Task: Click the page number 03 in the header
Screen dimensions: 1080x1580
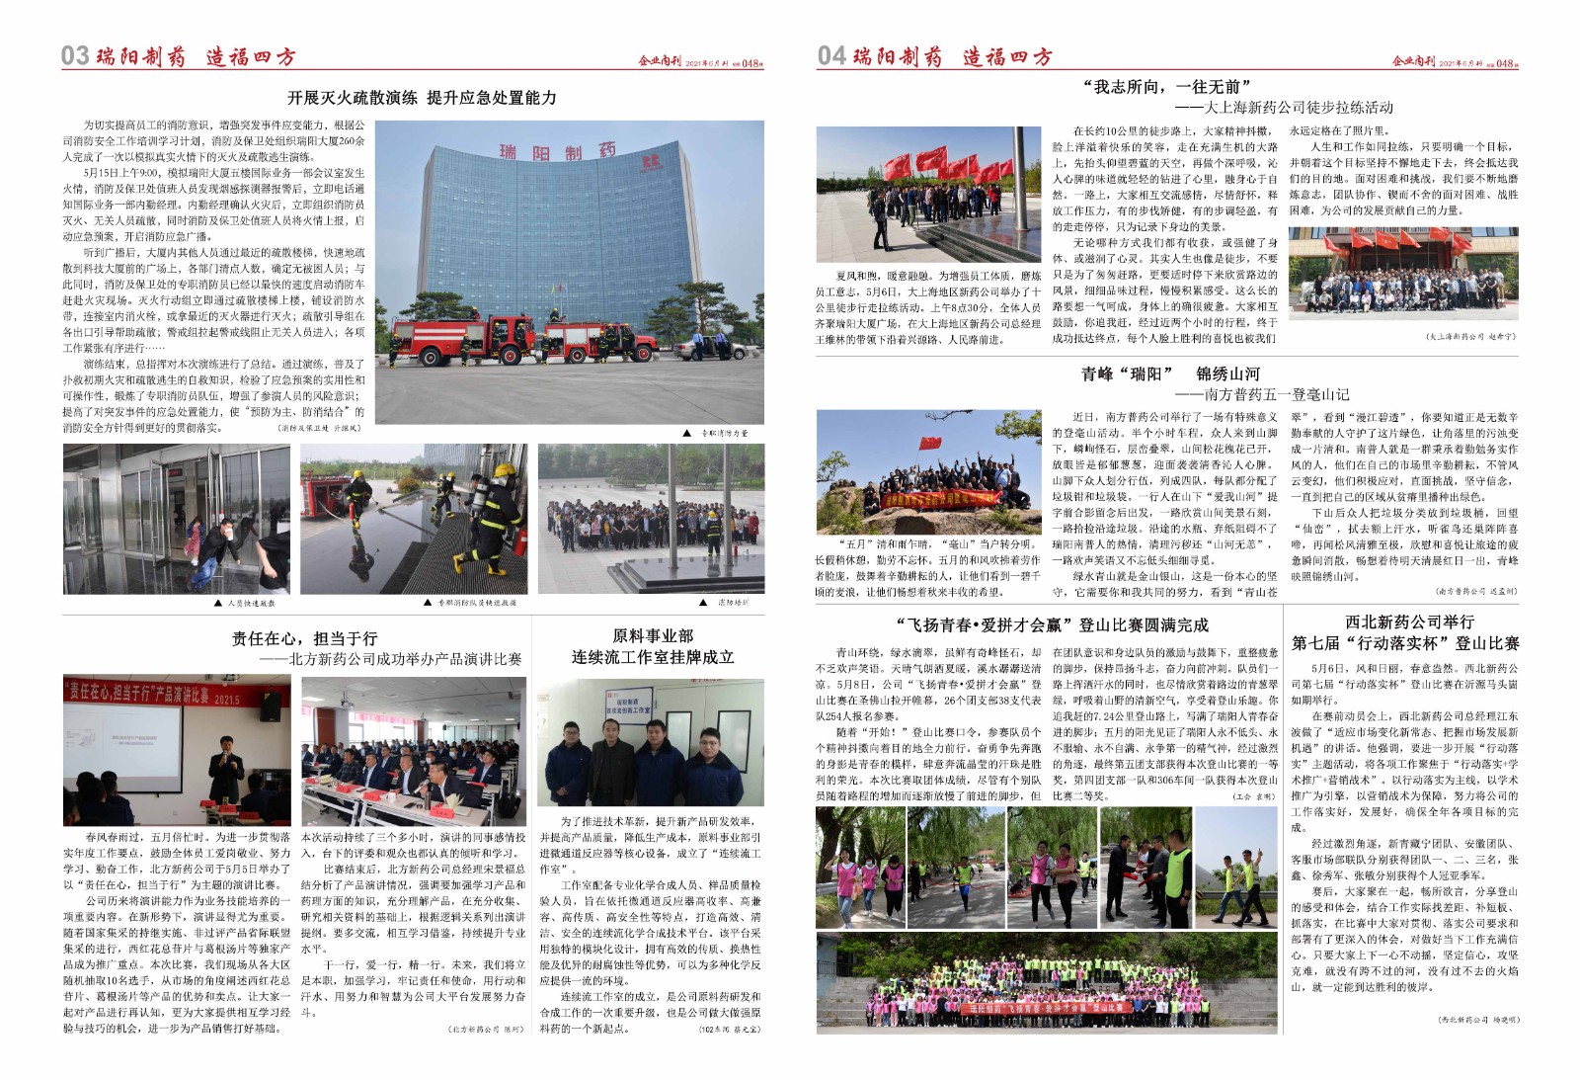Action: coord(75,55)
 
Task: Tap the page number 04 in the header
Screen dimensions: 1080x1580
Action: coord(830,55)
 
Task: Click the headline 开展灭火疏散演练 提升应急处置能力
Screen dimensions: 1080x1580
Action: coord(422,98)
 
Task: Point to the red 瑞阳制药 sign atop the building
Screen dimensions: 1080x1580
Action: coord(557,151)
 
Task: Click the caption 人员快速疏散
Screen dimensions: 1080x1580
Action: coord(251,602)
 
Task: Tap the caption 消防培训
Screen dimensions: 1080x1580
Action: coord(732,602)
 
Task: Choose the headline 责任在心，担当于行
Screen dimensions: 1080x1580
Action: coord(304,638)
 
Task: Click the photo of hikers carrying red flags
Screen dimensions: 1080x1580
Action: coord(928,194)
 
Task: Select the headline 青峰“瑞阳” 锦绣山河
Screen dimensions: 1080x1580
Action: coord(1170,374)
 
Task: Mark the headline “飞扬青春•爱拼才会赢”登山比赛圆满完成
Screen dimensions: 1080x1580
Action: coord(1051,624)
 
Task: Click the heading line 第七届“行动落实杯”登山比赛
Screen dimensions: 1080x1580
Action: coord(1405,643)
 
